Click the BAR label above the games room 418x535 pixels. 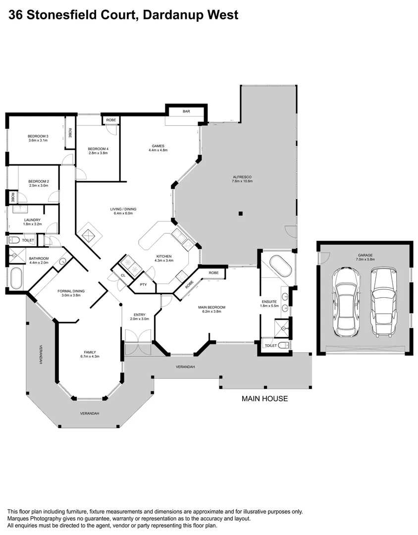(x=186, y=111)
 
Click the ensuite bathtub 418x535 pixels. (x=280, y=267)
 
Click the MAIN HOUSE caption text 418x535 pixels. (x=264, y=398)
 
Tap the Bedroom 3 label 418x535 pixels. (x=38, y=136)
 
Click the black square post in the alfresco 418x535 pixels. (x=240, y=214)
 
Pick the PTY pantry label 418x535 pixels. (x=143, y=285)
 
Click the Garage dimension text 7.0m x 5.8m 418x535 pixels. (x=366, y=259)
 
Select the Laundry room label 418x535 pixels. (x=32, y=219)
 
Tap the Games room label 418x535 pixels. (x=157, y=146)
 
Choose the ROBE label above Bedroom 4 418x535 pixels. (x=111, y=120)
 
